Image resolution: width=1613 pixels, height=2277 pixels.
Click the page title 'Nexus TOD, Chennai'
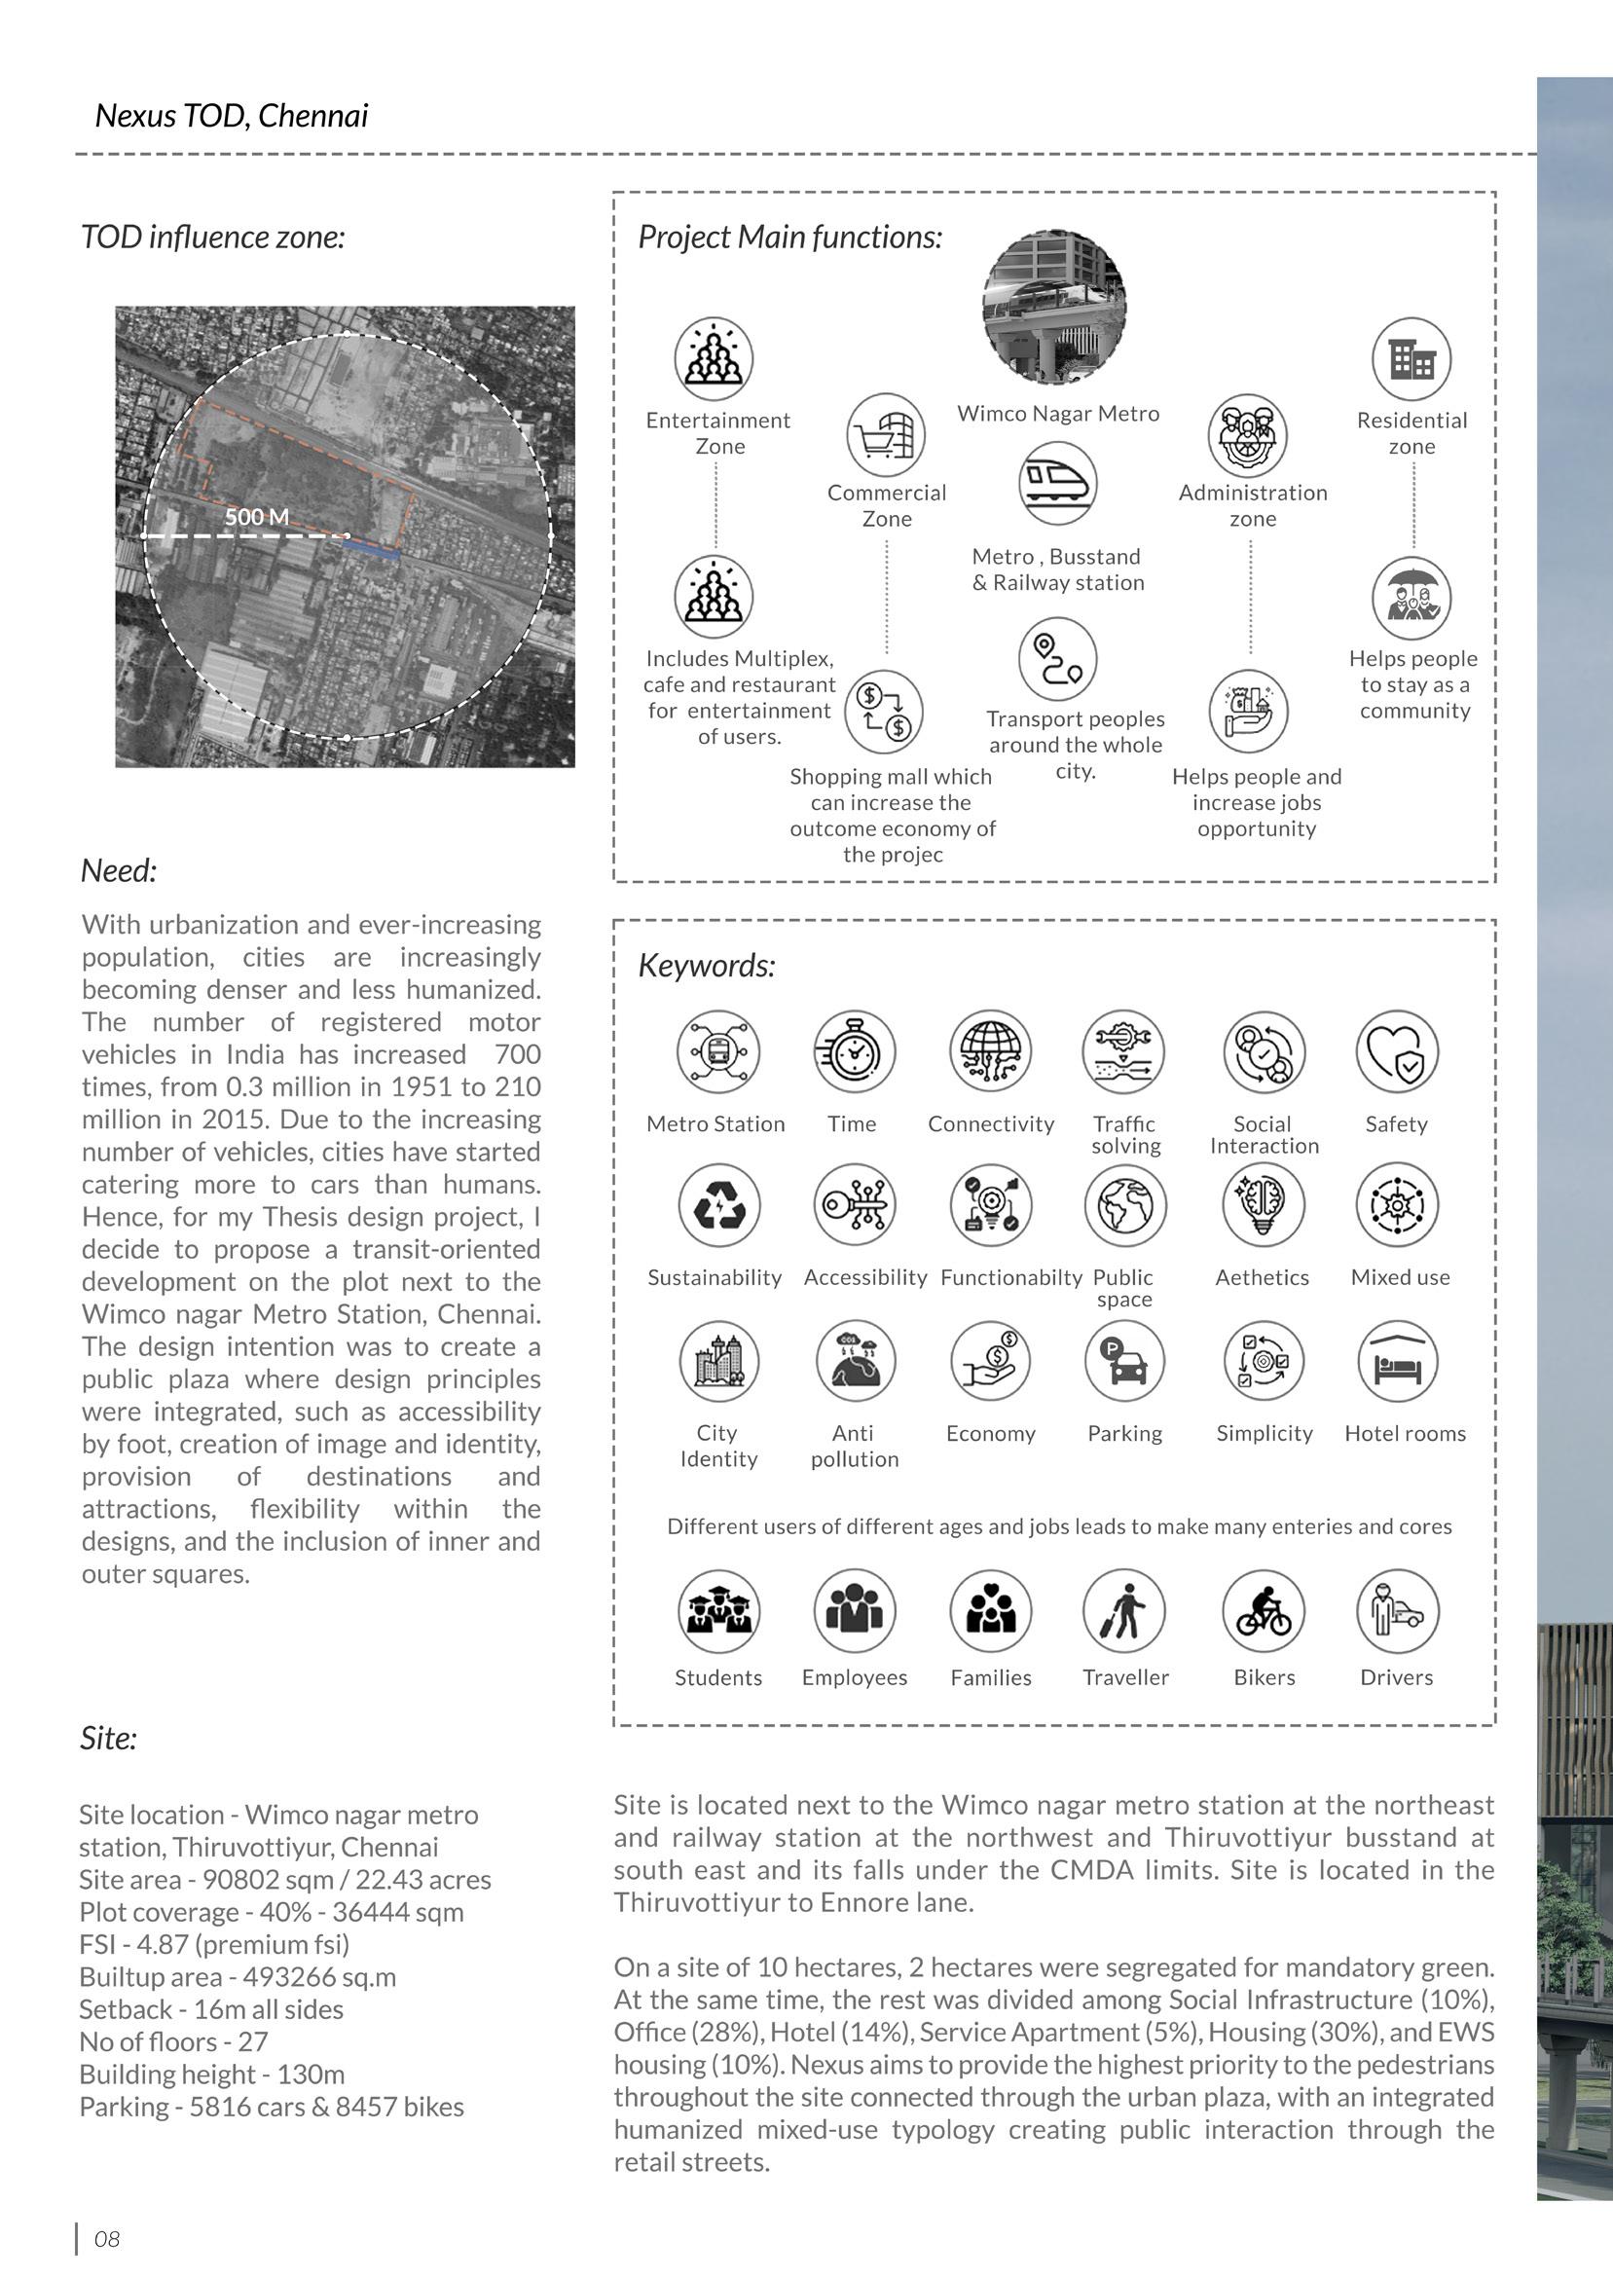tap(232, 116)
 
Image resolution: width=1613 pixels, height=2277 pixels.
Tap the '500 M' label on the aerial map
tap(256, 517)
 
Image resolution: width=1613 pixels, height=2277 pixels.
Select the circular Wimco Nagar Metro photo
tap(1054, 308)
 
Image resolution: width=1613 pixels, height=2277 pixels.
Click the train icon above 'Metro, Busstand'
tap(1057, 484)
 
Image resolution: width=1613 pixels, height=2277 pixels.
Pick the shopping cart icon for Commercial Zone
tap(886, 435)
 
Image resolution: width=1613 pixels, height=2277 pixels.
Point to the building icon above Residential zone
tap(1411, 358)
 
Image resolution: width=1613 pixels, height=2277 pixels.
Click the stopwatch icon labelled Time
tap(853, 1051)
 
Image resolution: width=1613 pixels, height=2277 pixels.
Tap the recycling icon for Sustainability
tap(718, 1205)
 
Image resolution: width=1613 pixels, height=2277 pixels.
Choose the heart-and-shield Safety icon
tap(1397, 1051)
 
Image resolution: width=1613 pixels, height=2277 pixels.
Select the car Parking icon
tap(1124, 1360)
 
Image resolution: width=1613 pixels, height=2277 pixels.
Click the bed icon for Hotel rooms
tap(1398, 1360)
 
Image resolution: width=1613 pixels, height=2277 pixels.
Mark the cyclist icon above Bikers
tap(1264, 1611)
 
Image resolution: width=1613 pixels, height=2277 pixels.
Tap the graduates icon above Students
tap(718, 1611)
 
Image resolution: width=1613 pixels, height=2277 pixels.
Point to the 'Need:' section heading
tap(118, 871)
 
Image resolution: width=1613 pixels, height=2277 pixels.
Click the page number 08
tap(106, 2239)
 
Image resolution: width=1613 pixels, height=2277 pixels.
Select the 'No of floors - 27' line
tap(174, 2041)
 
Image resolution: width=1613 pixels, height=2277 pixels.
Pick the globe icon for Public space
tap(1124, 1205)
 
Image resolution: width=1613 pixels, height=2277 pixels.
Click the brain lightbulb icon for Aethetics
tap(1263, 1205)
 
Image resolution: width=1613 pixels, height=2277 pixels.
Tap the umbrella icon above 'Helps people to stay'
tap(1411, 598)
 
